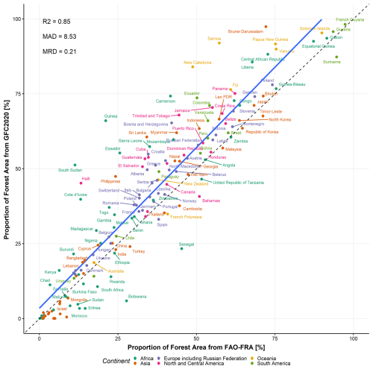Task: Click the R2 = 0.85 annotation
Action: click(57, 22)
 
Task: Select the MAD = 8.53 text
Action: click(59, 37)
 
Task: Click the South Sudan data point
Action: click(75, 165)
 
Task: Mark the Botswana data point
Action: click(126, 300)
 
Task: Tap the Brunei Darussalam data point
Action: click(264, 27)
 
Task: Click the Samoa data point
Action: click(219, 43)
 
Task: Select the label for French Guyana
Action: click(350, 20)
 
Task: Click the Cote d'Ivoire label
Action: click(75, 195)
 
